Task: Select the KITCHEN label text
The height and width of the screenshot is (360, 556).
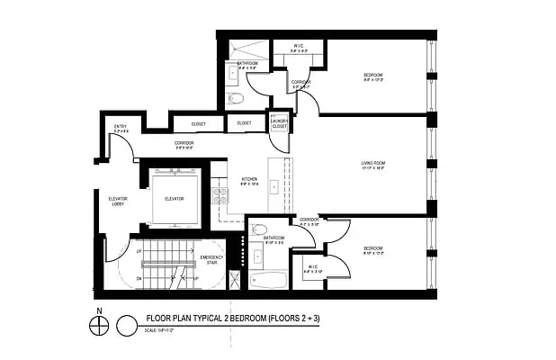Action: [249, 179]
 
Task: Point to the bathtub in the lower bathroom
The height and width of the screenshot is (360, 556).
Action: [267, 280]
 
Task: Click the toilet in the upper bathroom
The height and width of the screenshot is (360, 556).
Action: [234, 97]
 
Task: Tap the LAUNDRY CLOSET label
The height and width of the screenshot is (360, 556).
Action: [279, 125]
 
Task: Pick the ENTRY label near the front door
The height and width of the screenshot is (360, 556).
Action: [120, 127]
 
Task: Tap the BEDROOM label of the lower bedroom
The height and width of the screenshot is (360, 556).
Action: [373, 249]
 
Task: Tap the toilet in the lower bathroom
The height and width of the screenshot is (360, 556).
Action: [258, 229]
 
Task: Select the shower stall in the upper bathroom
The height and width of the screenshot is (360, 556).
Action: [243, 48]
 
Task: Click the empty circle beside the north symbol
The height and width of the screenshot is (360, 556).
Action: [128, 320]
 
